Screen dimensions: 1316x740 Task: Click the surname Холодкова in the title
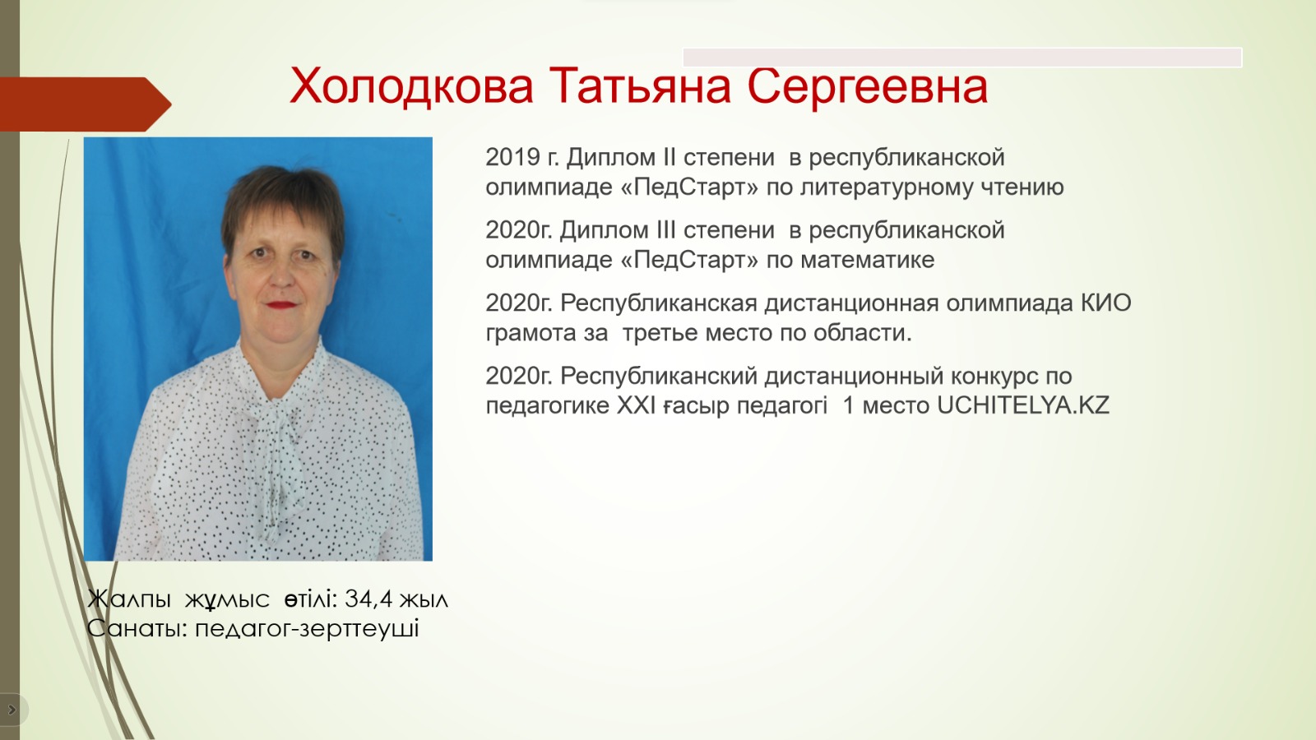point(411,86)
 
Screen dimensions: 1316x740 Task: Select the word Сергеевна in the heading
point(868,87)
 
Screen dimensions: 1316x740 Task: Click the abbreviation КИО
point(1106,303)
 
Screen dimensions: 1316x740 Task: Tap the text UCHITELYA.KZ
point(1023,405)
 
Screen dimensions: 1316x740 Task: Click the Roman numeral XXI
point(636,405)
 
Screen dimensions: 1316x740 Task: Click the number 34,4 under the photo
point(368,599)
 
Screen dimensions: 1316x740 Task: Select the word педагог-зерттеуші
point(308,628)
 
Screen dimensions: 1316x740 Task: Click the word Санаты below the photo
point(137,628)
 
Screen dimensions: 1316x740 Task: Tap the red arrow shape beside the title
point(86,104)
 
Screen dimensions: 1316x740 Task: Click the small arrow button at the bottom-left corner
point(12,710)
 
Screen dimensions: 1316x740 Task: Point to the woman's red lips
point(283,305)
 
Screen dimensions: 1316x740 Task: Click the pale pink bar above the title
point(962,58)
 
